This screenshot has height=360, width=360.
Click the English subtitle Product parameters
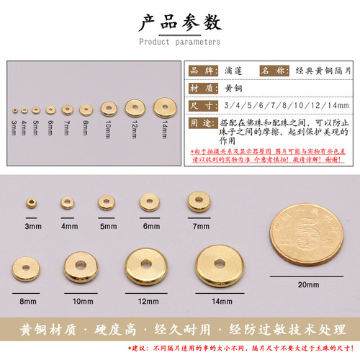179,42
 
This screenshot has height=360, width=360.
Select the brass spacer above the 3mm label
32,204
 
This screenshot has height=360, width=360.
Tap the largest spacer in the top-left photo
163,107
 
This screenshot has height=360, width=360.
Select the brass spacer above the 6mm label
149,202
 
